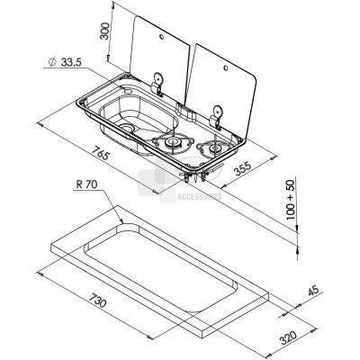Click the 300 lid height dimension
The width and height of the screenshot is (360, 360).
pos(104,31)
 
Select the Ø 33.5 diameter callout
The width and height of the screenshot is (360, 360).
pos(65,62)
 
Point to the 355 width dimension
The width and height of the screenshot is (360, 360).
pos(242,168)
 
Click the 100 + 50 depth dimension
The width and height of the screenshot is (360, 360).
pos(291,198)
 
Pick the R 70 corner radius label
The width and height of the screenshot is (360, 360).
pos(86,184)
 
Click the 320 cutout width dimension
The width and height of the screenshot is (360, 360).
pos(288,337)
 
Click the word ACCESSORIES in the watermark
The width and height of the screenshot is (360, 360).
pos(200,197)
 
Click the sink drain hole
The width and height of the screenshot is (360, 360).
pos(127,128)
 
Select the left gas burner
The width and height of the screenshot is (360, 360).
pos(172,141)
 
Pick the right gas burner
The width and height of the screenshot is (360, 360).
pos(214,148)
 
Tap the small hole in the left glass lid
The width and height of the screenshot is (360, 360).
pos(161,37)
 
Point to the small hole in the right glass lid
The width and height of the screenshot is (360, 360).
pos(226,67)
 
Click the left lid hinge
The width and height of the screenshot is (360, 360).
pos(157,84)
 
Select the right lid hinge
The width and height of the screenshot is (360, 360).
pos(216,117)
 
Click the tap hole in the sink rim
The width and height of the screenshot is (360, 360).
pos(128,90)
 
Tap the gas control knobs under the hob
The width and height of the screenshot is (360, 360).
pos(196,175)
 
